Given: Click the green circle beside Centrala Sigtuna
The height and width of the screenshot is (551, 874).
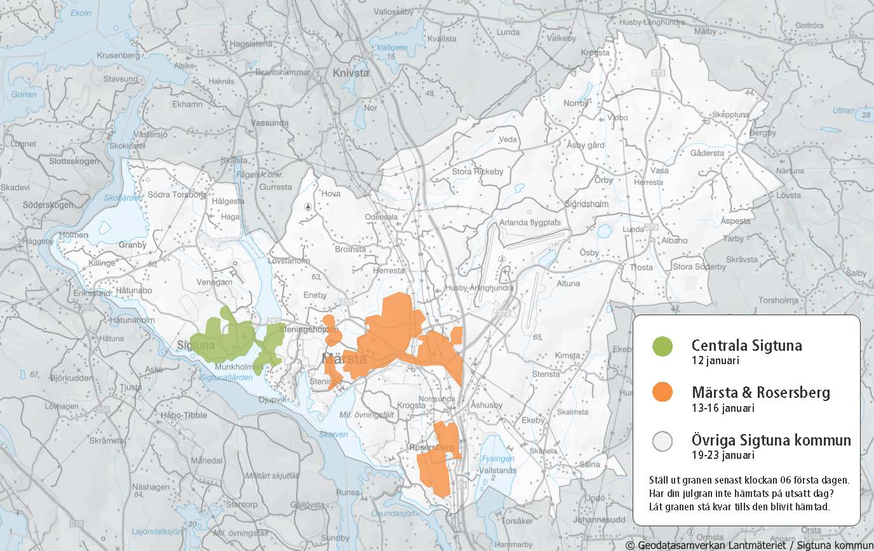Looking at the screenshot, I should pos(662,346).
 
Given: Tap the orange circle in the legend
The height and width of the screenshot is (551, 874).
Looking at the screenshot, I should pos(662,392).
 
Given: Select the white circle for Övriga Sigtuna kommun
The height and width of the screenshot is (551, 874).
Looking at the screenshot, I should pos(662,441).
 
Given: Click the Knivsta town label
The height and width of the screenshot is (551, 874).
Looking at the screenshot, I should pos(350,73).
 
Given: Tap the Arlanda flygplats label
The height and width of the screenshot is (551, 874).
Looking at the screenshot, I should pos(530,222).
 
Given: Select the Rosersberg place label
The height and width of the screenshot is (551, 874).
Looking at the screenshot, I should pos(433,448).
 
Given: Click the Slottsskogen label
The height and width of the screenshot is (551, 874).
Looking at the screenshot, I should pos(74,161).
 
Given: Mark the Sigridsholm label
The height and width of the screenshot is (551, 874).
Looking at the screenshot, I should pos(586,204).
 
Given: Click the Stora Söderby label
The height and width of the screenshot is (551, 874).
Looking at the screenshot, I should pos(699,267).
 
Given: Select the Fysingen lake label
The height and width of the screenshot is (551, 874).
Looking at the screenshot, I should pos(497,458).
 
